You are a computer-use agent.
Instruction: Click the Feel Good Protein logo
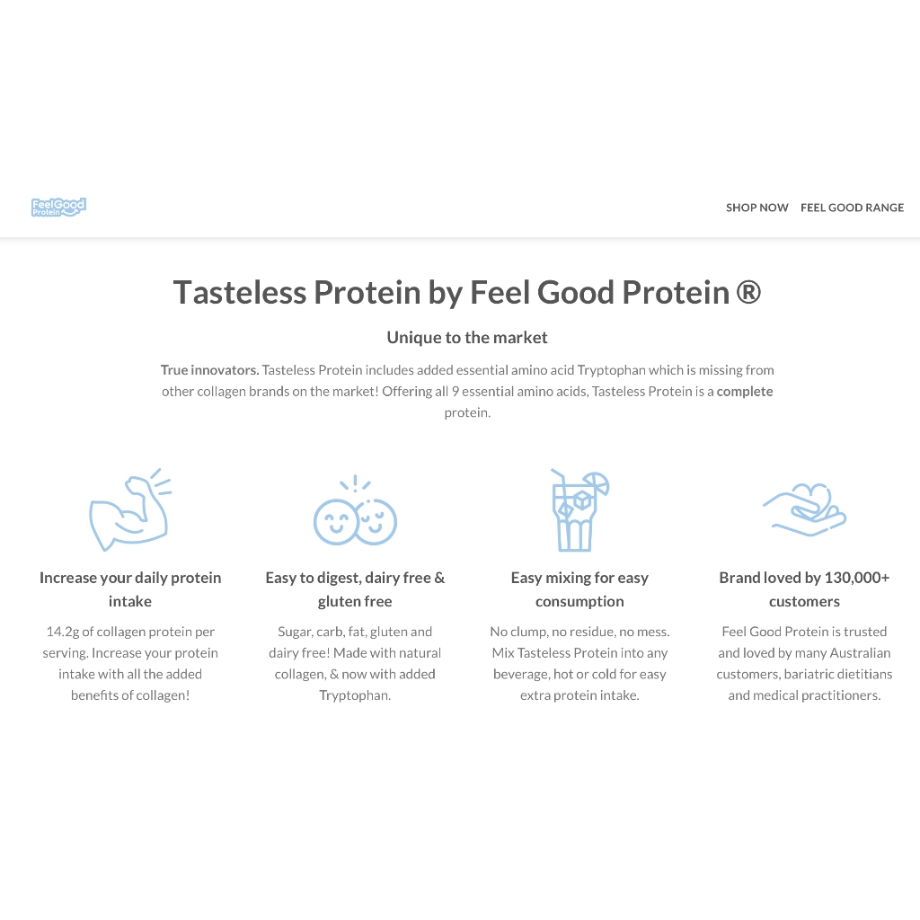pos(58,208)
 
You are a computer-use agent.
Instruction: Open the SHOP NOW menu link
pos(756,208)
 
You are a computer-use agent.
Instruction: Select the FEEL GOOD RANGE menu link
pos(852,208)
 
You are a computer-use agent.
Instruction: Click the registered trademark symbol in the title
pos(748,292)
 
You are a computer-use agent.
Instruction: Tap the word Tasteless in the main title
pos(239,292)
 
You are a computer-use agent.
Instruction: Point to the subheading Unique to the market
pos(467,338)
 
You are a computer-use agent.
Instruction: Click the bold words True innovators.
pos(209,370)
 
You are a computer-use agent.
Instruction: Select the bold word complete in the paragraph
pos(745,392)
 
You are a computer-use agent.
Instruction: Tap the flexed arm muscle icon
pos(130,509)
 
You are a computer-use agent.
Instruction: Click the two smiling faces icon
pos(355,510)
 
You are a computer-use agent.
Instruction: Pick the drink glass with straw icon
pos(579,509)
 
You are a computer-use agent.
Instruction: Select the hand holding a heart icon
pos(804,509)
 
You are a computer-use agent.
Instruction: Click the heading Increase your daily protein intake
pos(130,589)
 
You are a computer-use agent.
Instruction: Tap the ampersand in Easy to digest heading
pos(439,578)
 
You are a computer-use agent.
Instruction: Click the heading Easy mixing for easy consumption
pos(579,589)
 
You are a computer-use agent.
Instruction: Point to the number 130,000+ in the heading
pos(856,578)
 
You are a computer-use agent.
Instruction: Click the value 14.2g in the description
pos(63,632)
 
